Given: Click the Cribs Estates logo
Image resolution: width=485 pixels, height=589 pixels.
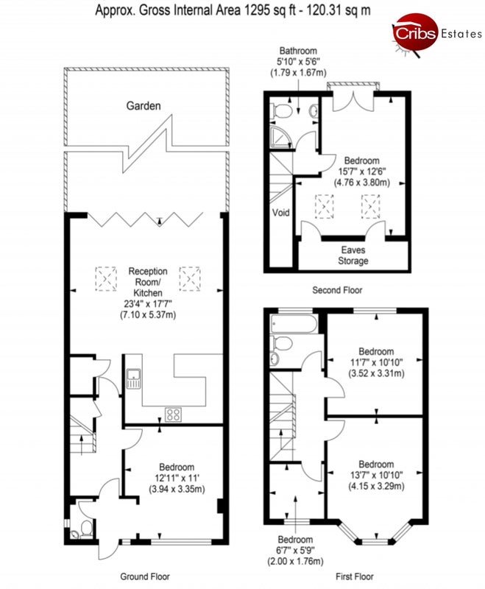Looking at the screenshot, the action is point(437,35).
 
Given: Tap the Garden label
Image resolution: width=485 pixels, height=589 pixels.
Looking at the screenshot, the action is point(144,106).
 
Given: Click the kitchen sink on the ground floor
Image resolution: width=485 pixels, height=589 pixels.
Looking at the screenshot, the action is point(133,378).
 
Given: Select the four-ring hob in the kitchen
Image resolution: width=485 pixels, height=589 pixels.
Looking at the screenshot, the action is point(173,415).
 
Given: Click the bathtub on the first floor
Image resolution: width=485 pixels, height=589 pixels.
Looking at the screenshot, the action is point(294,324).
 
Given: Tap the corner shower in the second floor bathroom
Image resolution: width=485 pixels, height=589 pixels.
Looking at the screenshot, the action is point(281,138).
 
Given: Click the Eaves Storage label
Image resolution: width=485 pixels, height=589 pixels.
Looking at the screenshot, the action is point(353,255).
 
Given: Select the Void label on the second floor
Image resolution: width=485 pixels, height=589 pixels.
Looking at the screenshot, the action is point(281,213).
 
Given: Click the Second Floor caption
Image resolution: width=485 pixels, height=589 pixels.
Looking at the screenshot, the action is point(337,290).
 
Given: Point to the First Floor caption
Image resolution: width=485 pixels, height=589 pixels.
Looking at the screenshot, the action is point(355,576).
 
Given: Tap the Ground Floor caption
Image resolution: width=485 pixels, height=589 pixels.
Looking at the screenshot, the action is point(145,576).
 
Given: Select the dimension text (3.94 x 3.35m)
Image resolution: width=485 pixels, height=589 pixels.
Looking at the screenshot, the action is point(177,489).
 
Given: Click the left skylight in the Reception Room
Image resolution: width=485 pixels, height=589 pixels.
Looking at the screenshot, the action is point(106,279).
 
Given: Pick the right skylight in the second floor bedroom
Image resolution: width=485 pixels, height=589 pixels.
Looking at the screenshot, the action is point(370,206).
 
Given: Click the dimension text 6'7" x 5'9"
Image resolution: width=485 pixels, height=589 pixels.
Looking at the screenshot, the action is point(295,551).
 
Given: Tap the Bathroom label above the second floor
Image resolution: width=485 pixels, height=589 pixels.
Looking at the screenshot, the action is point(298,51).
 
